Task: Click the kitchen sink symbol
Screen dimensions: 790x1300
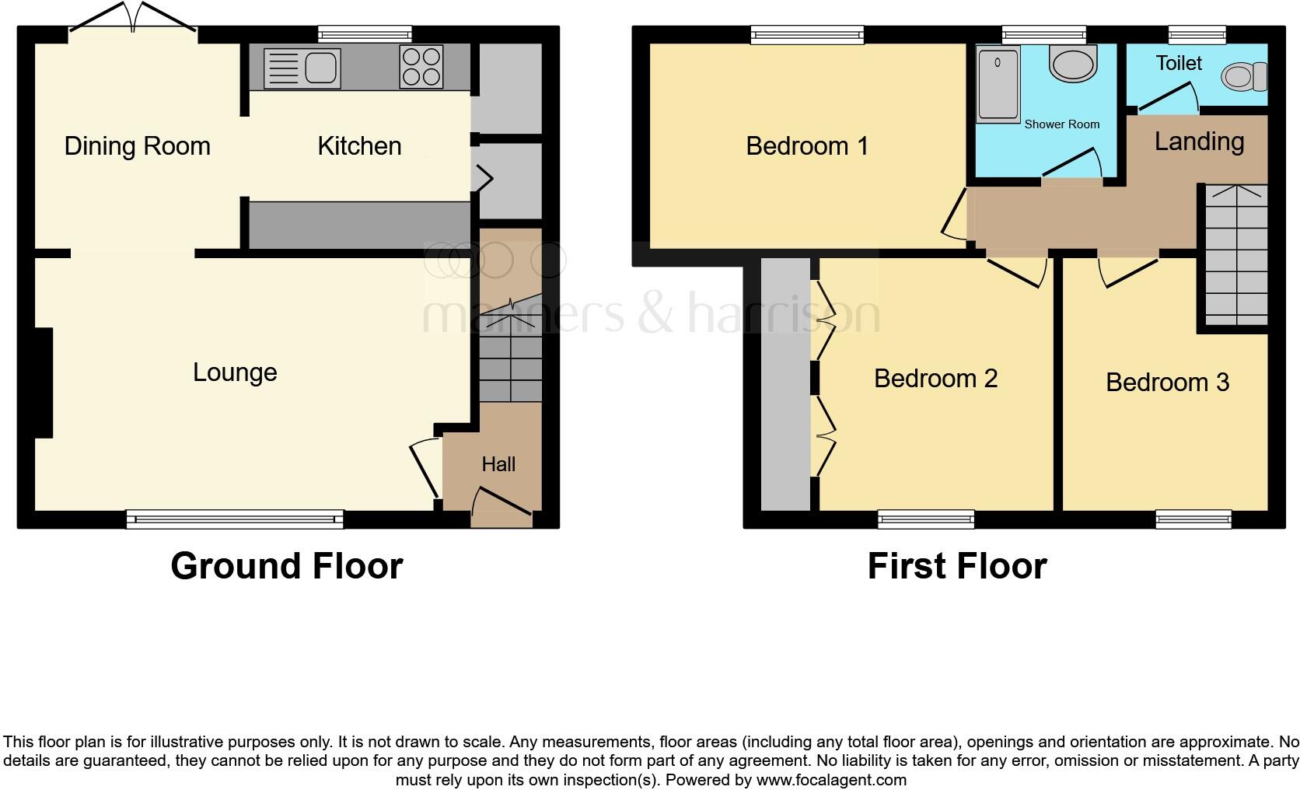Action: pos(302,68)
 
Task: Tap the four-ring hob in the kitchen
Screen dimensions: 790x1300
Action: pos(421,66)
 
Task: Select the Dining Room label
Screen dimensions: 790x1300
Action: pos(137,146)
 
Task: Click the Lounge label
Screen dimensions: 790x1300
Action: pos(235,372)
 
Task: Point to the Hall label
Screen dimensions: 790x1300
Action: pos(498,464)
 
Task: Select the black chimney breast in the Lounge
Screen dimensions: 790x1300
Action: pos(43,383)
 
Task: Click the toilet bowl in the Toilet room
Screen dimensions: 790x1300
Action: pos(1241,76)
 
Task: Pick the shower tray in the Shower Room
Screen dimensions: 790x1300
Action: pos(998,84)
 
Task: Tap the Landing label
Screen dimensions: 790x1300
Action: pos(1199,142)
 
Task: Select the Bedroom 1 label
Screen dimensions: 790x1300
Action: pos(807,146)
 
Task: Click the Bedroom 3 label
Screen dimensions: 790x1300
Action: pos(1167,382)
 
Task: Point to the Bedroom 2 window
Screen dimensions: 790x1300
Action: pos(926,519)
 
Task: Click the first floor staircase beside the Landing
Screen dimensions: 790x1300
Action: pos(1236,257)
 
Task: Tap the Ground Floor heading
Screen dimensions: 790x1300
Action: pos(287,566)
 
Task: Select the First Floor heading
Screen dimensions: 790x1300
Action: pos(957,566)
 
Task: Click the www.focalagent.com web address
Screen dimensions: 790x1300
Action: pos(830,780)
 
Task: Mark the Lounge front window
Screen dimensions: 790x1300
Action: pos(235,519)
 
